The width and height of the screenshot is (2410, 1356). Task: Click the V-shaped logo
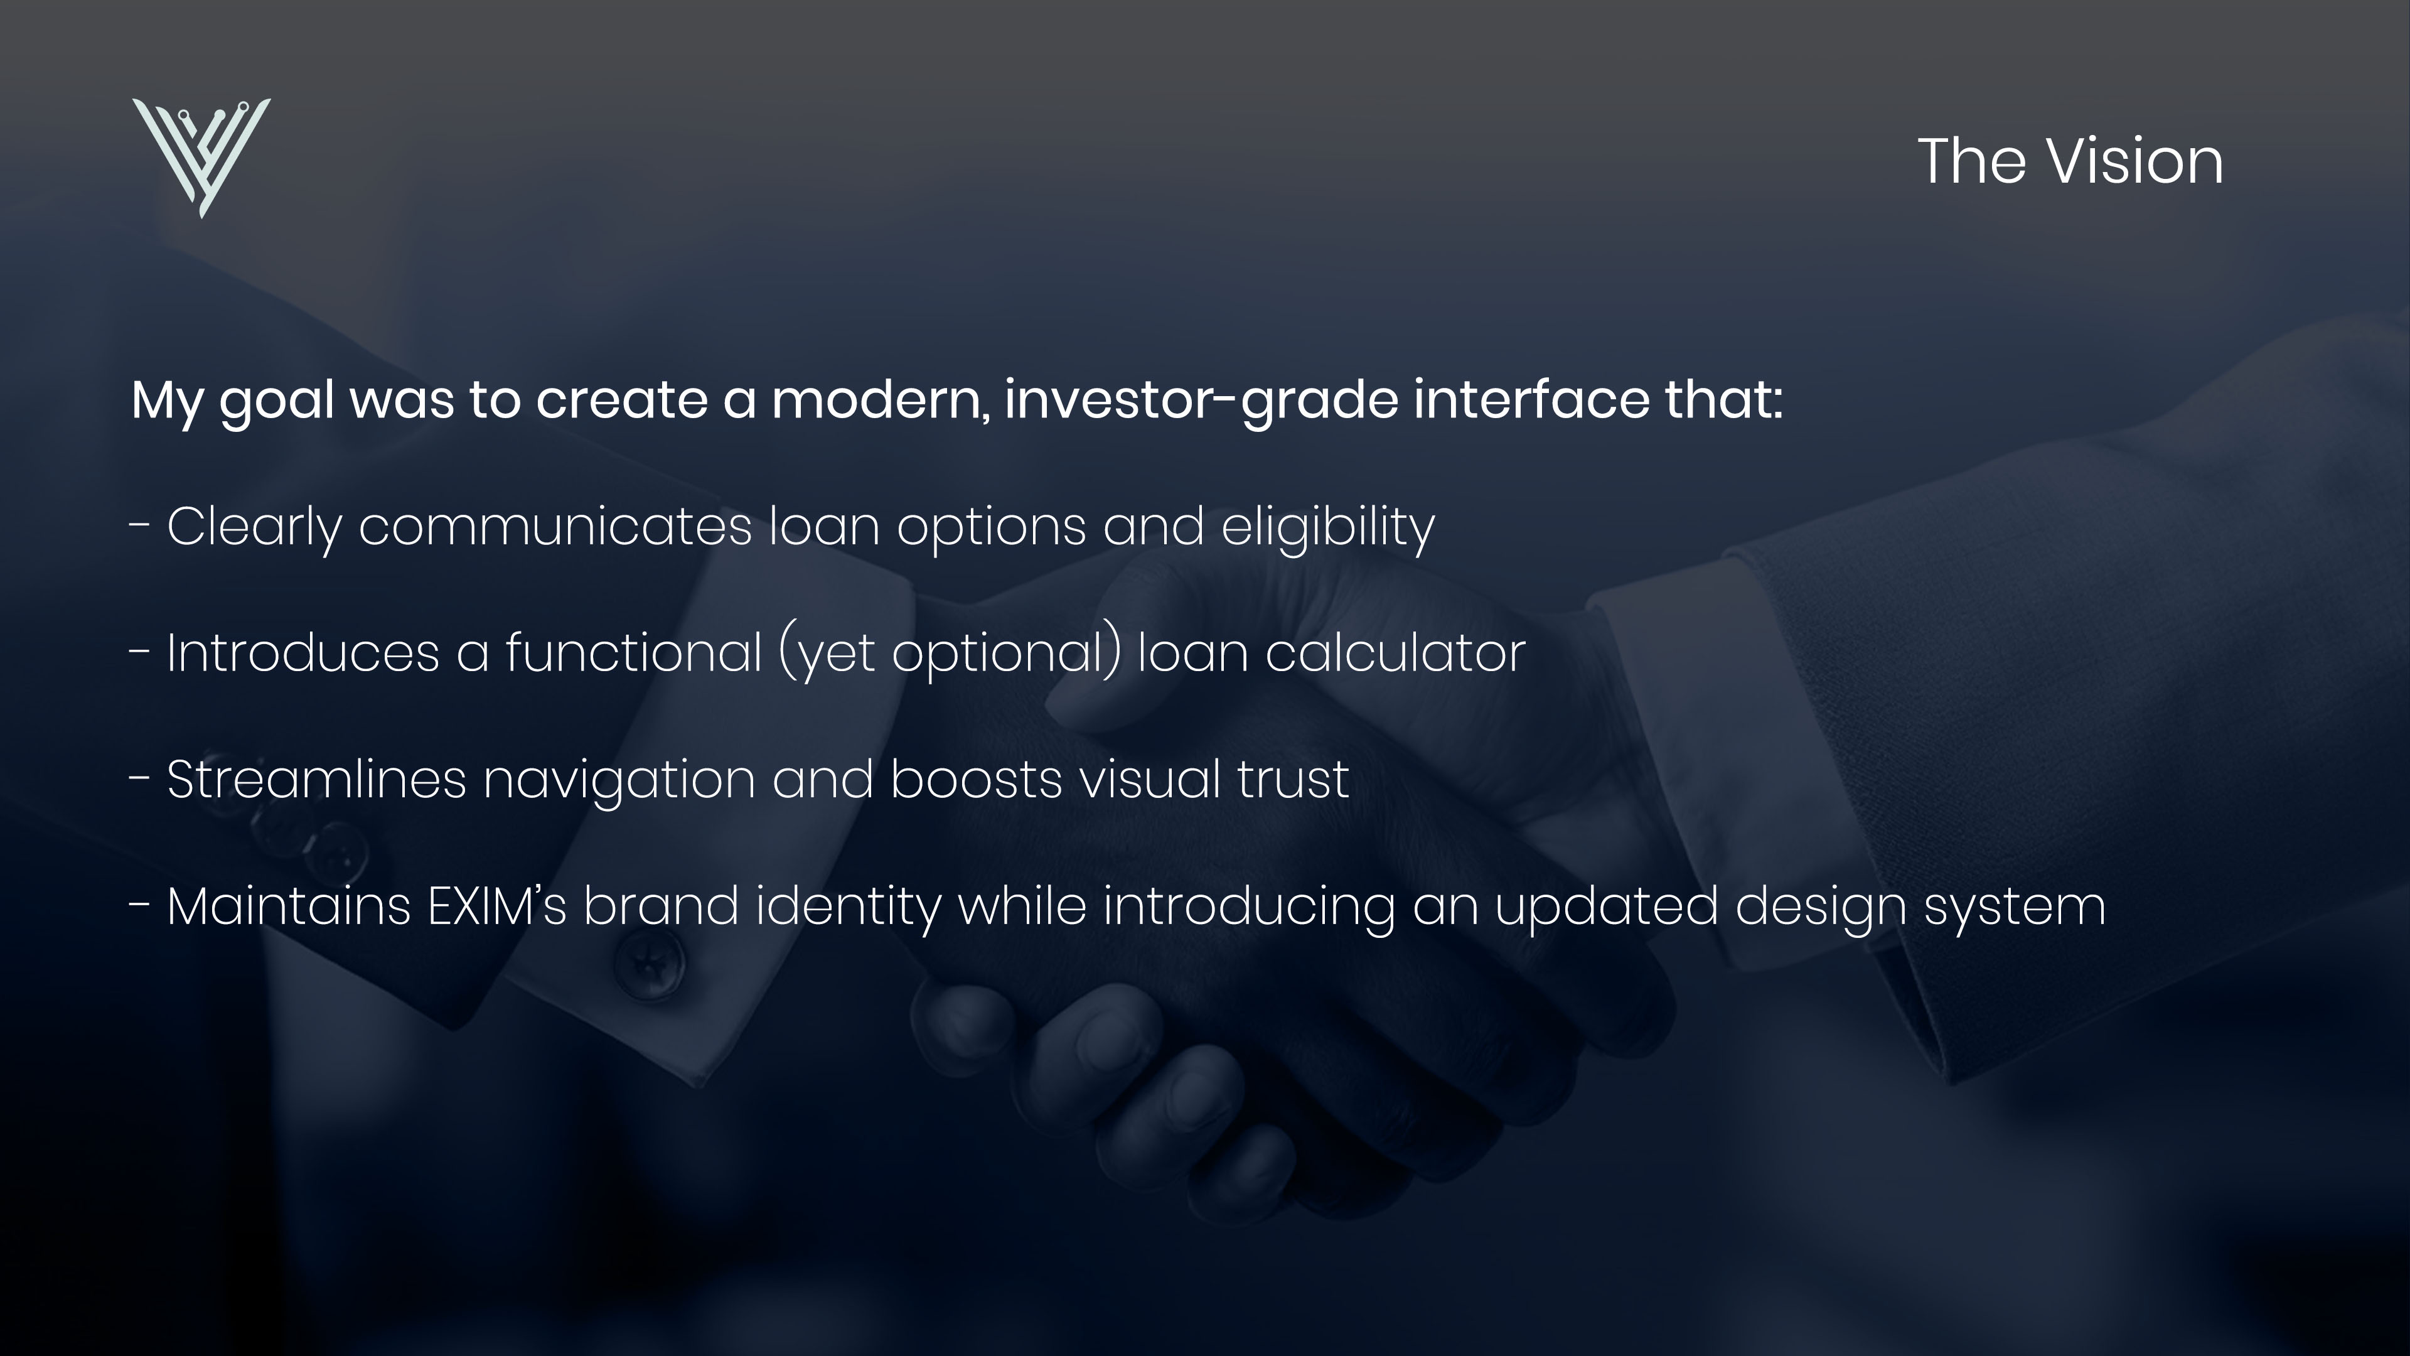201,155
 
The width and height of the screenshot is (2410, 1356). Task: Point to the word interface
1531,400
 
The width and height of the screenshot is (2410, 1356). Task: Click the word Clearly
254,526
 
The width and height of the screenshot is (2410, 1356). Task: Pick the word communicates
555,526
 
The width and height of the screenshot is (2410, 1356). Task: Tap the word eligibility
1327,526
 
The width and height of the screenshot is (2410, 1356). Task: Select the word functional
635,652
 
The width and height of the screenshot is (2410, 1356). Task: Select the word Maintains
288,906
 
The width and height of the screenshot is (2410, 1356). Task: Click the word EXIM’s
497,906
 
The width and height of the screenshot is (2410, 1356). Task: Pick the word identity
848,906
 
